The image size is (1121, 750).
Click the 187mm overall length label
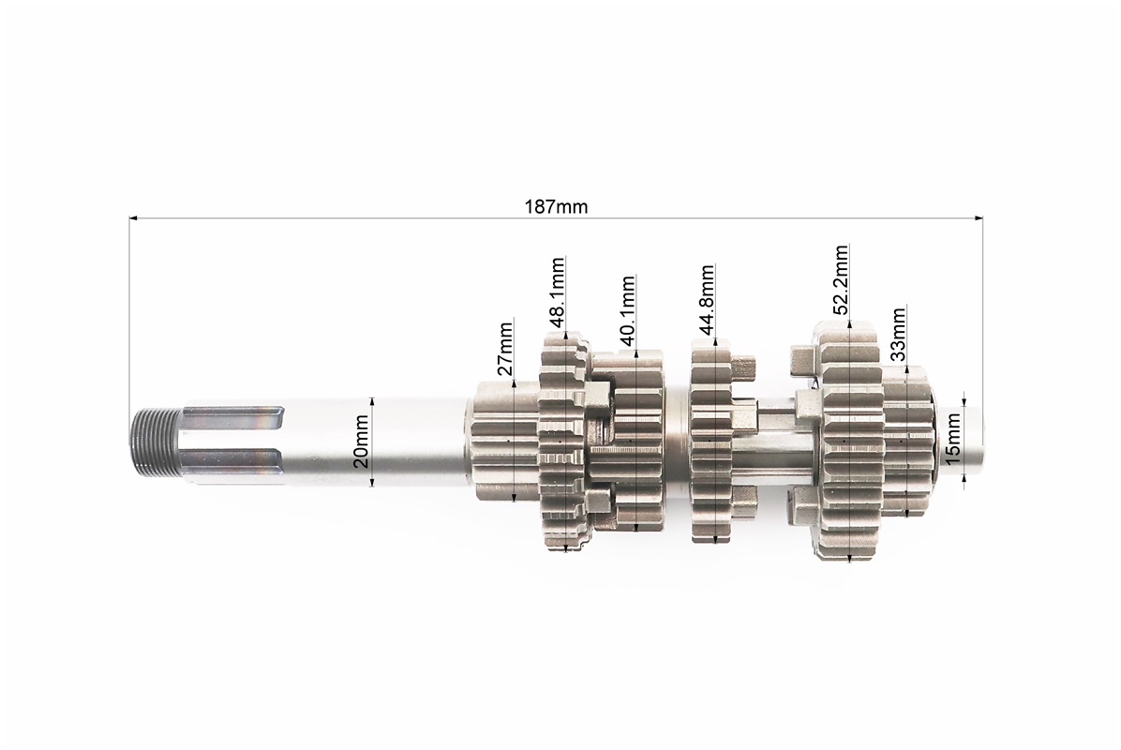pos(556,207)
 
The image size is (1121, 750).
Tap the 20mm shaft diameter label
pos(362,442)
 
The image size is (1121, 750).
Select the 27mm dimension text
pos(505,349)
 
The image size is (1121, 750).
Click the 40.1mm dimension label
pos(627,311)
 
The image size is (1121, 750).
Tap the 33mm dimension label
pos(898,334)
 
